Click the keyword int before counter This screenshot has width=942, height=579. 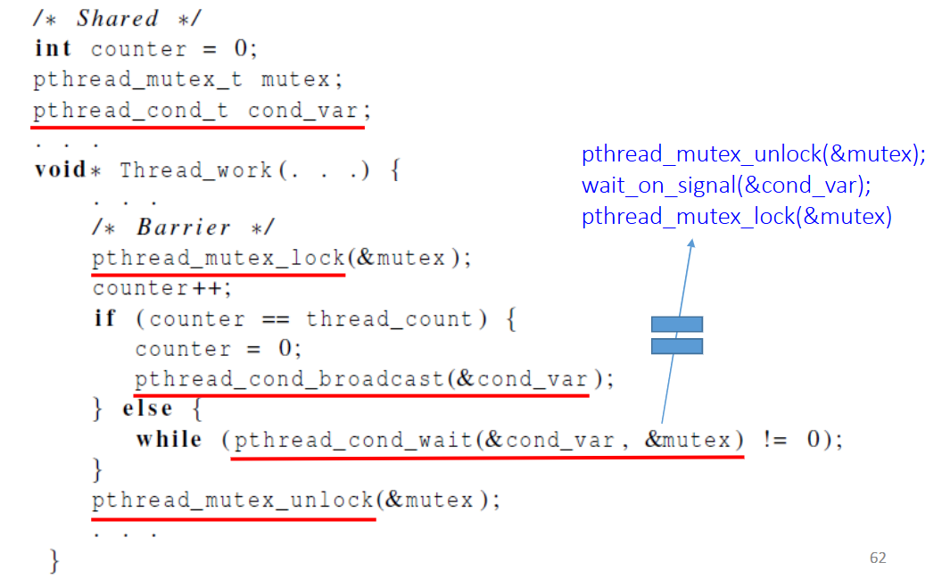[53, 48]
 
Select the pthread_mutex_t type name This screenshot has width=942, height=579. [137, 79]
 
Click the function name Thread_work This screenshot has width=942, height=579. [195, 170]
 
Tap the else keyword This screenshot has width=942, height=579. [147, 409]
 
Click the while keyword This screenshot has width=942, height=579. [169, 440]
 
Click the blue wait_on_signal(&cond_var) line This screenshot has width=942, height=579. [725, 186]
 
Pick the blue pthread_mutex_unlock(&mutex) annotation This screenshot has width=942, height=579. [754, 154]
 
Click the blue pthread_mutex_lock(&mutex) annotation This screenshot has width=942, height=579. [737, 217]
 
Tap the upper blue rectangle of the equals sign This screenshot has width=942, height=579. [676, 324]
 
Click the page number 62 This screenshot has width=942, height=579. [878, 558]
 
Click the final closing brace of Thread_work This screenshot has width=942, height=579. [55, 561]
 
